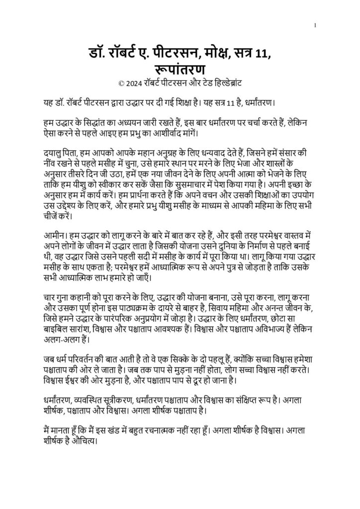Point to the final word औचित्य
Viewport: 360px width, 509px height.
(x=84, y=440)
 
